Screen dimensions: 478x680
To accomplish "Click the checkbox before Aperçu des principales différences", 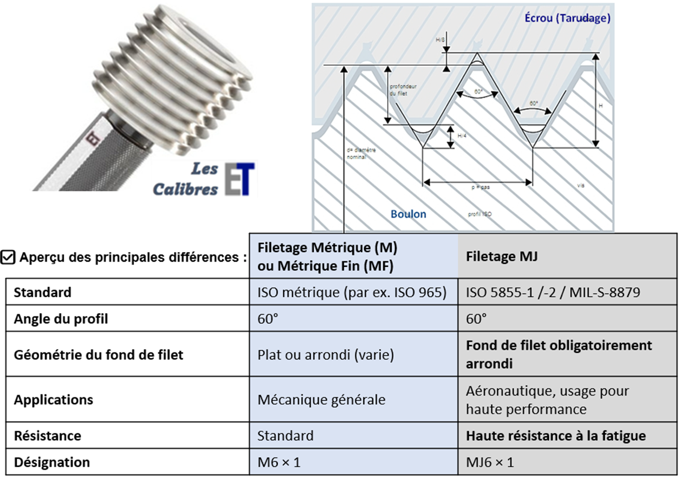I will [x=8, y=258].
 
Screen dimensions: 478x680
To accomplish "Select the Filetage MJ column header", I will [x=501, y=257].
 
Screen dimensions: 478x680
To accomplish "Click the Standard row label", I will [x=43, y=293].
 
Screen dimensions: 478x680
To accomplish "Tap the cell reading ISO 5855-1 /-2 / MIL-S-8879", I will [x=553, y=293].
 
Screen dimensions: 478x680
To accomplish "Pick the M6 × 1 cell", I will [x=279, y=462].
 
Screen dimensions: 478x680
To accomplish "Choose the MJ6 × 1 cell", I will [x=490, y=462].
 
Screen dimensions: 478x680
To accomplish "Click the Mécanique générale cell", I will [x=321, y=400].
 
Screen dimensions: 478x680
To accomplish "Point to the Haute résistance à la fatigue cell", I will [x=556, y=436].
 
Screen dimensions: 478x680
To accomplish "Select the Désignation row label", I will [x=52, y=462].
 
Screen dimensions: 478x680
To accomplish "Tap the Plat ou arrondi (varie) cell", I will [x=326, y=355].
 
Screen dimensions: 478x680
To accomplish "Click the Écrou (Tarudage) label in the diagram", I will [x=567, y=18].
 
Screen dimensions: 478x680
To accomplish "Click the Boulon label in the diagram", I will [x=408, y=214].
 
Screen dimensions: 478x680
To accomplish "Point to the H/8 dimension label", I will [x=440, y=39].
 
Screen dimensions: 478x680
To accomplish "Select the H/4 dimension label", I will [x=462, y=136].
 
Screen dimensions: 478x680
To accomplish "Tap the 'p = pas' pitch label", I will [x=480, y=187].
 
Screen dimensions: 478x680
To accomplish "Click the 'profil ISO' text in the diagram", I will [x=480, y=214].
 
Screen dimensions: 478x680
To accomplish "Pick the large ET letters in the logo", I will [x=239, y=179].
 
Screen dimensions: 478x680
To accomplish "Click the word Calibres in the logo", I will [x=185, y=189].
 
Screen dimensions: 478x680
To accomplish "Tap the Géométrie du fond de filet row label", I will [x=98, y=355].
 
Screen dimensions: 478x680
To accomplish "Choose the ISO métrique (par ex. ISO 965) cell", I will [x=352, y=293].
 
